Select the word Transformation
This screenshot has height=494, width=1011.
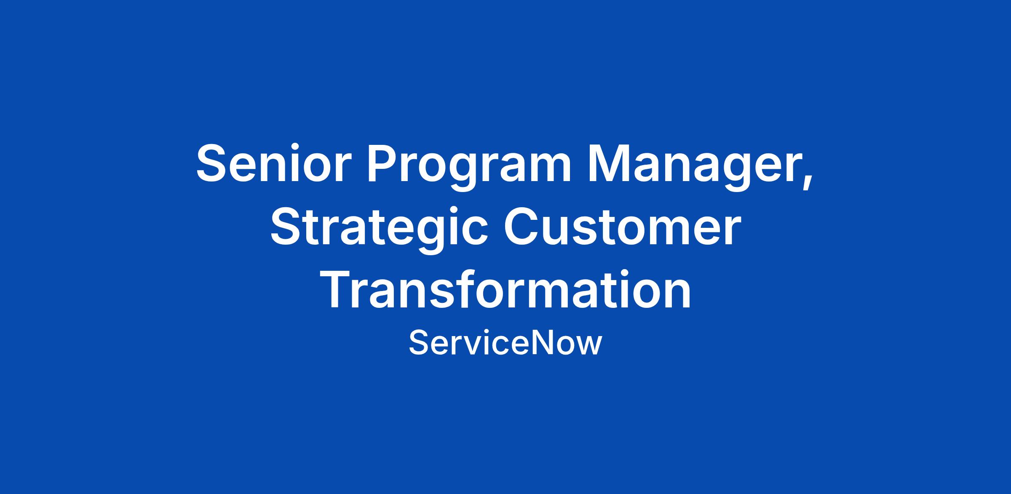[x=505, y=290]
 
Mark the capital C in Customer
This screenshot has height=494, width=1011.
[x=522, y=227]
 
